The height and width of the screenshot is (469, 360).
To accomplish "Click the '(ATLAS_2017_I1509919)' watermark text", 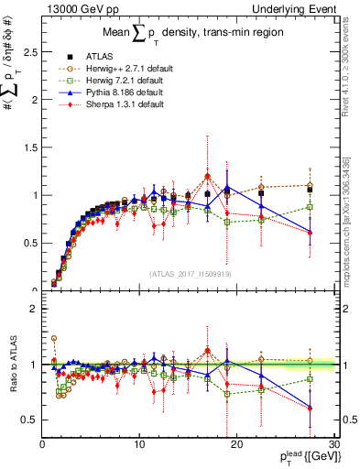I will tap(190, 273).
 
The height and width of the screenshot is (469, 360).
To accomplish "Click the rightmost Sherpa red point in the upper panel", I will tap(311, 233).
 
